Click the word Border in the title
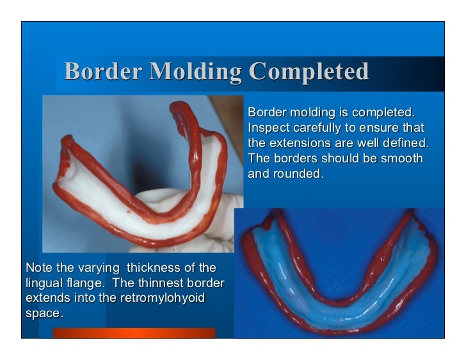tap(102, 72)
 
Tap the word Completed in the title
tap(309, 72)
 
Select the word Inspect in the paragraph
tap(268, 127)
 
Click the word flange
tap(86, 283)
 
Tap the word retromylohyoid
tap(168, 298)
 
